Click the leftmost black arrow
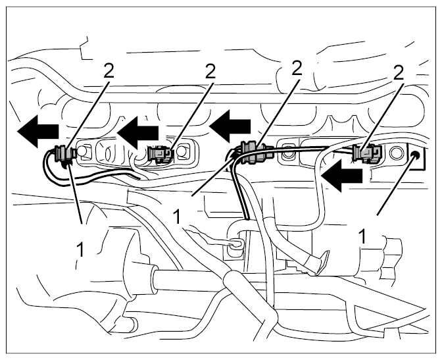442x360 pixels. pos(37,131)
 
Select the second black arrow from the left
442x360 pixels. pos(137,132)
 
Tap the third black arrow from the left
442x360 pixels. pos(230,126)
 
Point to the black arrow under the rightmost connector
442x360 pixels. pos(341,175)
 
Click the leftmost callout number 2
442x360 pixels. pos(109,70)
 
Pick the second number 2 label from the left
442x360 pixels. pos(210,72)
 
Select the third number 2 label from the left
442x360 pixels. pos(297,68)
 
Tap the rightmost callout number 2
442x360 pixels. pos(398,73)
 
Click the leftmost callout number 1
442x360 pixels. pos(80,250)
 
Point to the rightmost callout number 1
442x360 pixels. pos(363,236)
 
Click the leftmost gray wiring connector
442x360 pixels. pos(64,154)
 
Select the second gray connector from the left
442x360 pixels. pos(160,154)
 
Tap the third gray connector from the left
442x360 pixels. pos(254,151)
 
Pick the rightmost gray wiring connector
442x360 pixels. pos(367,153)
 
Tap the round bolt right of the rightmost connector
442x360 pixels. pos(395,153)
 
